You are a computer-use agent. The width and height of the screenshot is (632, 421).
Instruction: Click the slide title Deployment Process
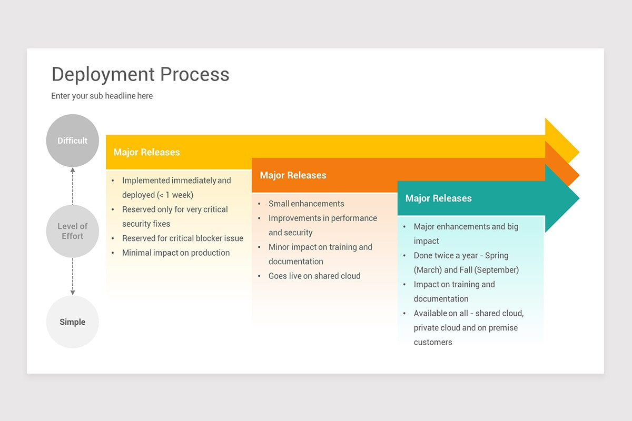(x=140, y=74)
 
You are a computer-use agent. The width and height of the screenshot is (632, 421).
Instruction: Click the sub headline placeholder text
(x=102, y=96)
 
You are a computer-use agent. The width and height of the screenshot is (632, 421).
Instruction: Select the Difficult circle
(x=73, y=141)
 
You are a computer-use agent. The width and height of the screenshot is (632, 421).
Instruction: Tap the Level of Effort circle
(x=73, y=231)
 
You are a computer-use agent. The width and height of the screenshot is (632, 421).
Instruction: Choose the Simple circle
(x=73, y=322)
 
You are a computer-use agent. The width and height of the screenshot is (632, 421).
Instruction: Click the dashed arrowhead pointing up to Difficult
(x=73, y=171)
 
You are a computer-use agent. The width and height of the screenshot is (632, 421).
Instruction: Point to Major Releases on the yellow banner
(x=146, y=152)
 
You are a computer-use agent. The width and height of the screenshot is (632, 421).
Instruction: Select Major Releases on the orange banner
(x=293, y=175)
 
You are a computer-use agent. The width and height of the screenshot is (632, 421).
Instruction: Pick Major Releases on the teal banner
(x=438, y=198)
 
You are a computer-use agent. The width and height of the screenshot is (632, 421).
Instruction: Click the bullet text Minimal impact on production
(x=176, y=253)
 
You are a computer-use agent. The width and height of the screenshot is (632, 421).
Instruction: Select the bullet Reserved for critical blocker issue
(x=183, y=238)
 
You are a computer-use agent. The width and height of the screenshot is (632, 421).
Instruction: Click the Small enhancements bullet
(x=306, y=204)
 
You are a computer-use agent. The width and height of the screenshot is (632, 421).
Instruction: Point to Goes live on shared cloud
(x=314, y=276)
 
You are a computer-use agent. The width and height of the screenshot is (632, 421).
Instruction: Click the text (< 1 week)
(x=175, y=195)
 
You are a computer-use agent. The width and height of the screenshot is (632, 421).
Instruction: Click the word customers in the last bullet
(x=433, y=342)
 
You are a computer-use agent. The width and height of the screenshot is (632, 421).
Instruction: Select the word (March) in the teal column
(x=428, y=270)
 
